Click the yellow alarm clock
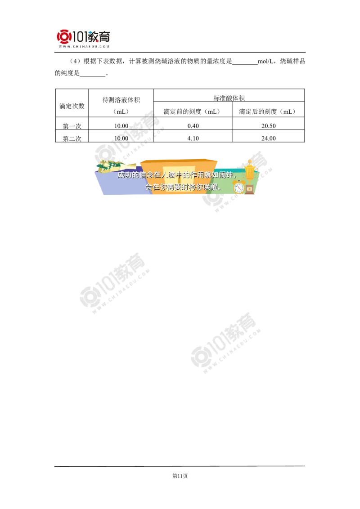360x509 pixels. coord(238,187)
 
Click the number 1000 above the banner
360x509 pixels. coord(121,138)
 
